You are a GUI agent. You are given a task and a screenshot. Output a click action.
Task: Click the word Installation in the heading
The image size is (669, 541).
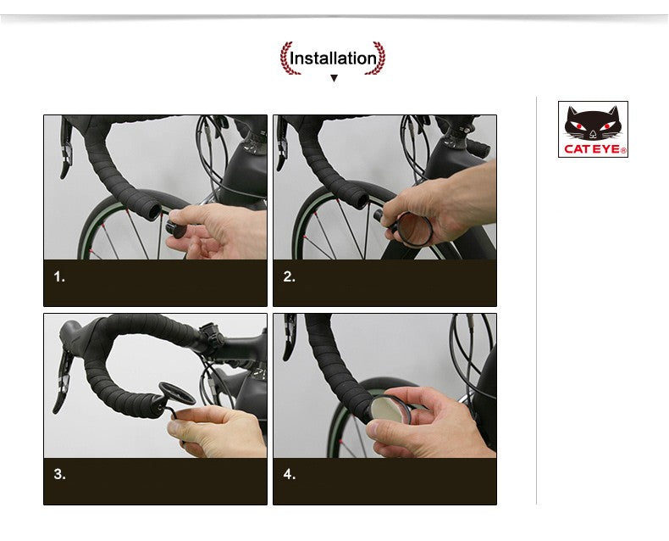333,59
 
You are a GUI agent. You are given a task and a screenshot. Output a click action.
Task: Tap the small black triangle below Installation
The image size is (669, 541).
334,78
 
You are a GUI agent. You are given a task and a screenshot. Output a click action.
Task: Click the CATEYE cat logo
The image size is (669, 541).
593,129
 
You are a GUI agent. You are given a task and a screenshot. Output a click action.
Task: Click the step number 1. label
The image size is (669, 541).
59,277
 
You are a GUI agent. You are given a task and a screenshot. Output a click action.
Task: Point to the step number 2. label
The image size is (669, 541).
290,277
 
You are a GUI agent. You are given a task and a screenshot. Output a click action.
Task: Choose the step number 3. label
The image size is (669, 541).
60,474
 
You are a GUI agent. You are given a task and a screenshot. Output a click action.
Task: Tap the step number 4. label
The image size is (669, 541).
290,474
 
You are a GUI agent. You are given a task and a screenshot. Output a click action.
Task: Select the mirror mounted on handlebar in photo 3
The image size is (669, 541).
177,393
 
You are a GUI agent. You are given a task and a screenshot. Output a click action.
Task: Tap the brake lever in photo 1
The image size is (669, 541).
66,148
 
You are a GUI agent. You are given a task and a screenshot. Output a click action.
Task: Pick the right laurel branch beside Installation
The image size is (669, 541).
377,59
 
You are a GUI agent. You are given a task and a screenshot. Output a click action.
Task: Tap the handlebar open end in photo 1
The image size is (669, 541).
154,212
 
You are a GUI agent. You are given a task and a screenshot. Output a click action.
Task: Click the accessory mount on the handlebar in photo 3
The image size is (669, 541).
211,336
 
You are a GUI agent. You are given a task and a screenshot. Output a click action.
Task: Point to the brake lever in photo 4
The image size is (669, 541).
290,337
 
